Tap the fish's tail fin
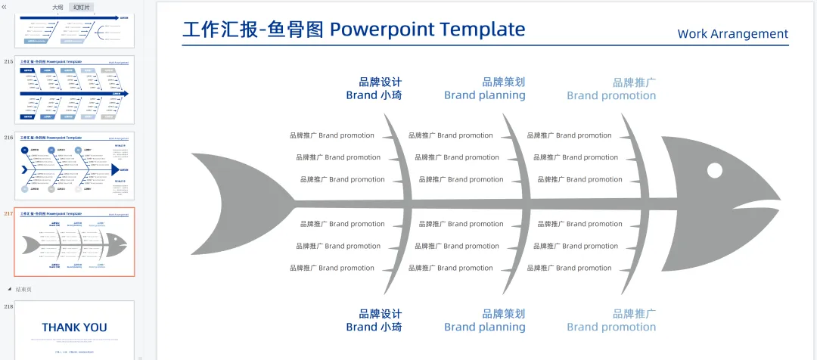[235, 201]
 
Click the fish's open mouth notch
[756, 204]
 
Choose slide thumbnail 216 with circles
[74, 166]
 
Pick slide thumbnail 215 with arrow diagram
[74, 90]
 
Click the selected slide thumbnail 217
[74, 242]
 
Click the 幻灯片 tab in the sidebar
[81, 7]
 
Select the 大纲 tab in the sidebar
[57, 7]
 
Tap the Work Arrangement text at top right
[732, 34]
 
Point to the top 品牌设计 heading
[381, 82]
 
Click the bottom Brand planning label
[484, 327]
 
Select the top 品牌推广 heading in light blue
[634, 82]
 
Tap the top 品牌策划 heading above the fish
[503, 82]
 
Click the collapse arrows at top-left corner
[5, 6]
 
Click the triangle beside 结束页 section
[9, 289]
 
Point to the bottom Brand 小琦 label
[374, 327]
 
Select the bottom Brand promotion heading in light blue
[611, 327]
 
